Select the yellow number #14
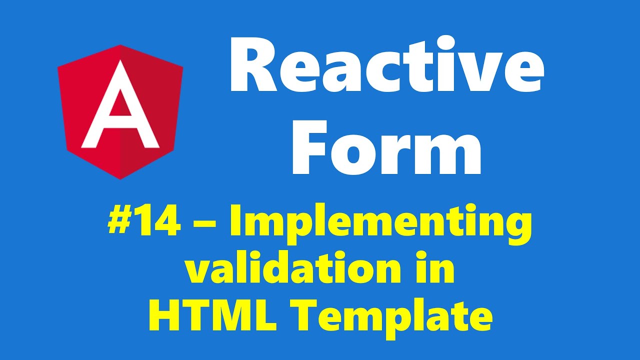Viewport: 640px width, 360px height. (x=144, y=223)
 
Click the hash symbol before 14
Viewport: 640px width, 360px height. (x=118, y=223)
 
